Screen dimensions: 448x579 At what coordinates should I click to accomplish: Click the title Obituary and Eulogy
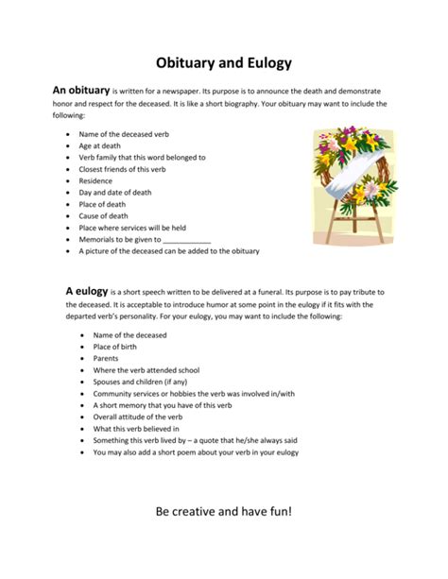pyautogui.click(x=224, y=63)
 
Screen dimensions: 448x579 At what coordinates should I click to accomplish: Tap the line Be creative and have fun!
pyautogui.click(x=224, y=512)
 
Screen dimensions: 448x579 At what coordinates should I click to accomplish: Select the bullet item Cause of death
pyautogui.click(x=109, y=215)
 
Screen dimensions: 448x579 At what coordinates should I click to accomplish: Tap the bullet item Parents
pyautogui.click(x=107, y=359)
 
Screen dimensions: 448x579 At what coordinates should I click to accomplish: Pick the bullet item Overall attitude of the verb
pyautogui.click(x=137, y=417)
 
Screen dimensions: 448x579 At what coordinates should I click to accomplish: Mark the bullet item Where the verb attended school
pyautogui.click(x=146, y=370)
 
